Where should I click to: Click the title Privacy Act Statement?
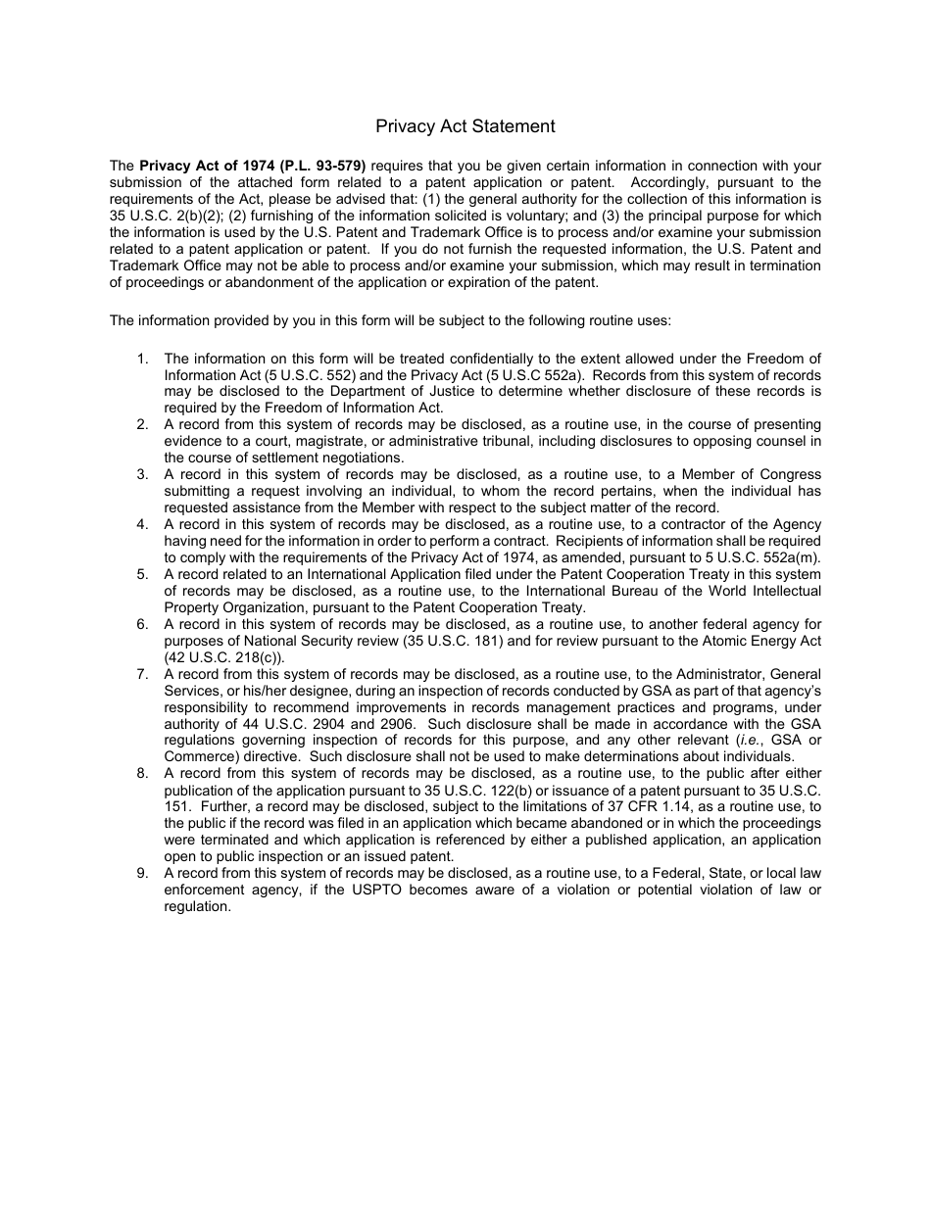pyautogui.click(x=465, y=126)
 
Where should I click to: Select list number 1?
pyautogui.click(x=142, y=359)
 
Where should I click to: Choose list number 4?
pyautogui.click(x=142, y=524)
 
